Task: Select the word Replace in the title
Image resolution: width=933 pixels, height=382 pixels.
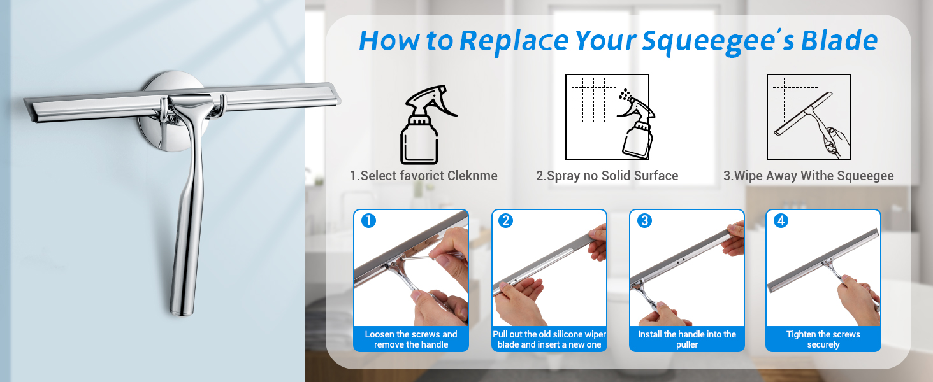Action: coord(514,41)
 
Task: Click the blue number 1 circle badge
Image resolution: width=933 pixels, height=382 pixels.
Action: coord(368,220)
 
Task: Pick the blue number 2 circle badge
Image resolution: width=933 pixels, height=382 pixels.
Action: coord(505,220)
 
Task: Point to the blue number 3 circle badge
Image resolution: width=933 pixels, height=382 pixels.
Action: coord(644,220)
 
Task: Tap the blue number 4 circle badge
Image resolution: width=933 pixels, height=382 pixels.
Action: coord(781,220)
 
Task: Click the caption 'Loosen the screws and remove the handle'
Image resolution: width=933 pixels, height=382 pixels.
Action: coord(411,339)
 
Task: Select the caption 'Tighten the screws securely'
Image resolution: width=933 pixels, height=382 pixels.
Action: coord(823,339)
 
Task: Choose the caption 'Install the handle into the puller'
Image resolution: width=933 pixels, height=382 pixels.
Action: coord(687,339)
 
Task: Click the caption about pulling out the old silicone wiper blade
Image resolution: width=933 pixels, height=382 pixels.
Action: coord(549,339)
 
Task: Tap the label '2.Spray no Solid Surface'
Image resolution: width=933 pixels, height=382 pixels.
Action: coord(607,176)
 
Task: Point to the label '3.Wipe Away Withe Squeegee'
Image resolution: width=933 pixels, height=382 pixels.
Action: coord(809,176)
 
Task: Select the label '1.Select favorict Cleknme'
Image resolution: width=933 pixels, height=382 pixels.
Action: coord(424,176)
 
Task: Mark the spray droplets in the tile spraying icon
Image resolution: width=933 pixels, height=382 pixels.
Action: coord(625,94)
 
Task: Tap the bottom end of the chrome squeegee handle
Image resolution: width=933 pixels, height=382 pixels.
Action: coord(182,311)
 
